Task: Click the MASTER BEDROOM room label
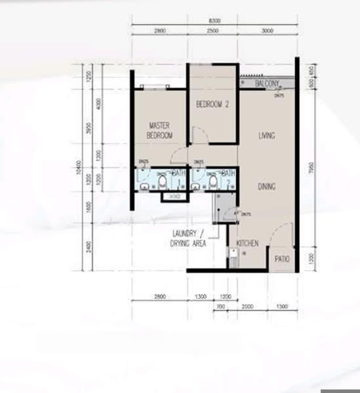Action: [x=160, y=130]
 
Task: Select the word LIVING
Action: [x=266, y=136]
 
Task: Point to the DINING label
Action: [x=266, y=187]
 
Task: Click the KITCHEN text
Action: [x=248, y=244]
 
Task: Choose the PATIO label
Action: [x=282, y=259]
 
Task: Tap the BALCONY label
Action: [x=269, y=83]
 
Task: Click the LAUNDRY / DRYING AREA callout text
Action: [x=190, y=238]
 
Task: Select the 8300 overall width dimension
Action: [x=214, y=21]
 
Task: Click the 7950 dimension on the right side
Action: [x=310, y=172]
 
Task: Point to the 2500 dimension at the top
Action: [x=214, y=31]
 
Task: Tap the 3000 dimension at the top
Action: [x=266, y=31]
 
